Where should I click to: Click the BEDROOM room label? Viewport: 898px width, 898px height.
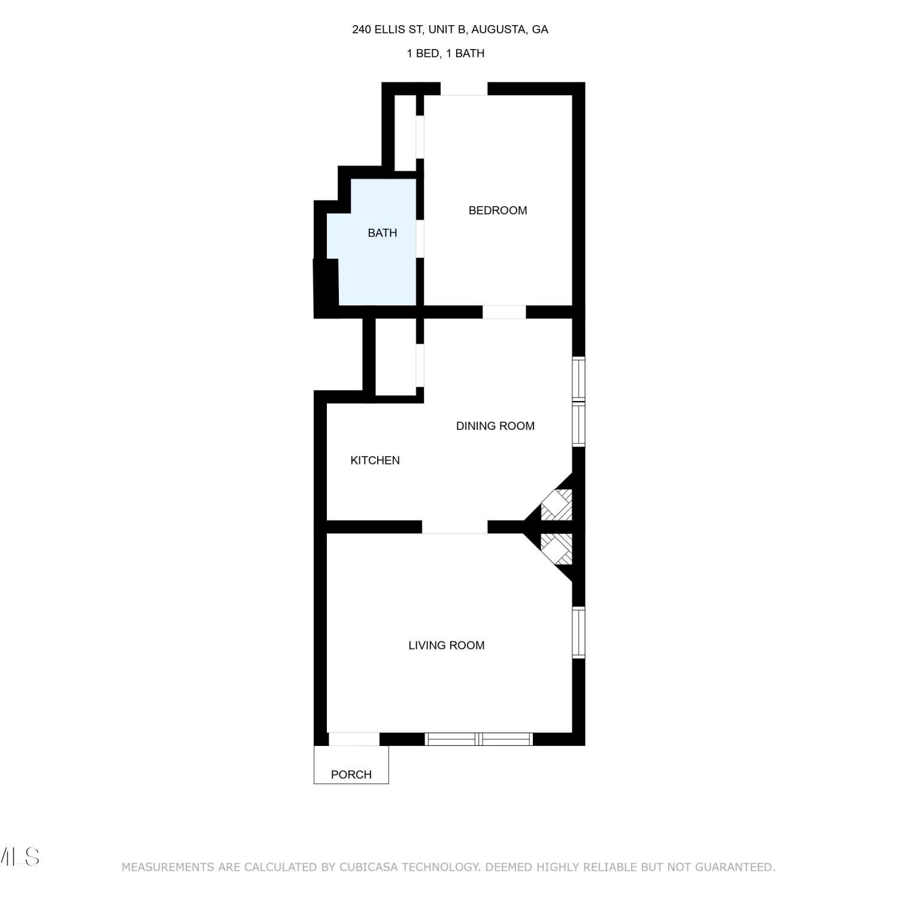pos(497,210)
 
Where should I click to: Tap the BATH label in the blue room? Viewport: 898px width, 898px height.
pos(383,233)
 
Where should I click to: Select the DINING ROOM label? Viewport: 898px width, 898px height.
pos(495,426)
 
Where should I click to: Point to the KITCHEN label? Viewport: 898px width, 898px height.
pos(375,460)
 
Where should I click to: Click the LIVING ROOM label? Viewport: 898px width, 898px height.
pos(447,645)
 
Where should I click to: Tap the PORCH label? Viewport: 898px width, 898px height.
pos(351,775)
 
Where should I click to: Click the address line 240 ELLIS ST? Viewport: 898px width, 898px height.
pos(387,29)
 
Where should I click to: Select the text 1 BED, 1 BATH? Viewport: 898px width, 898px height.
pos(445,53)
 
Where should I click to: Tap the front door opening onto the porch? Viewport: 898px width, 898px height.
pos(354,739)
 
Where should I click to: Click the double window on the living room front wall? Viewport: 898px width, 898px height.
pos(479,739)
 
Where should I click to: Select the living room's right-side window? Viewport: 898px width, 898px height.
pos(578,633)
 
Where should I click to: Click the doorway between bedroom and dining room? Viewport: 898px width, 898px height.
pos(504,312)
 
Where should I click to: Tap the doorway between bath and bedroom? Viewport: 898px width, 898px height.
pos(420,239)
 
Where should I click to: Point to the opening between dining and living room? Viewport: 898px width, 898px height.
pos(455,527)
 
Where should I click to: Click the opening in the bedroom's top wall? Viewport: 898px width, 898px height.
pos(464,89)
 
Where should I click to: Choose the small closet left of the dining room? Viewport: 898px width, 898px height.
pos(396,357)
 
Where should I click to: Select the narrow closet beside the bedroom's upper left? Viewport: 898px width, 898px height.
pos(406,132)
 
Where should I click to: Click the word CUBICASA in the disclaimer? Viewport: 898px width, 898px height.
pos(367,867)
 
